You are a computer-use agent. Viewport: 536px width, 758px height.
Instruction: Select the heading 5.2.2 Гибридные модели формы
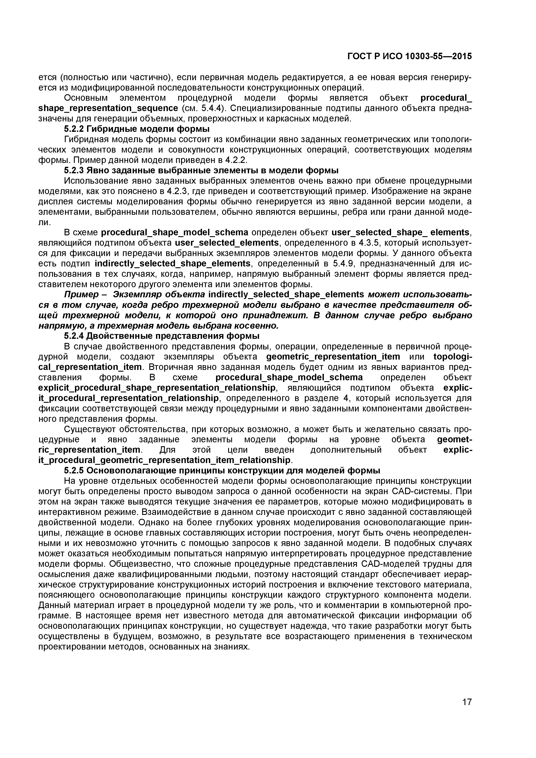[137, 129]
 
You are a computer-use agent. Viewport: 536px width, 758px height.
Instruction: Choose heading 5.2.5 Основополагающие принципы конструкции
[222, 470]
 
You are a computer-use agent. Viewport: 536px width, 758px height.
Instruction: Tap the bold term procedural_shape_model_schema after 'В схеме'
[175, 232]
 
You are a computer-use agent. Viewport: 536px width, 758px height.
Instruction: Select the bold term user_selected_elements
[227, 243]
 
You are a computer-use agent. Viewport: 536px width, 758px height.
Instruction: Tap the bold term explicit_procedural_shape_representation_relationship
[157, 388]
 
